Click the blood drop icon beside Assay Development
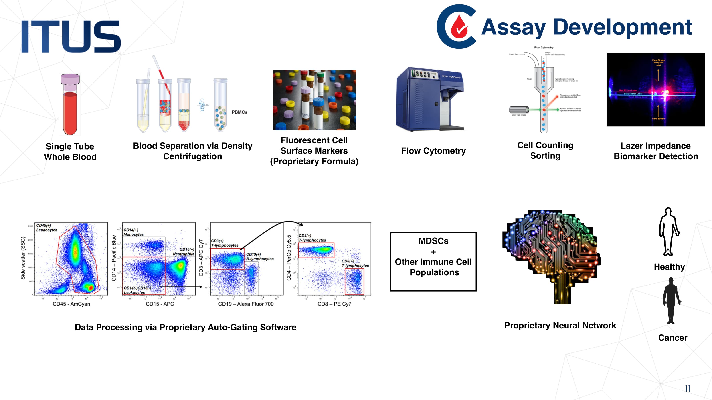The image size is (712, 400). click(x=459, y=27)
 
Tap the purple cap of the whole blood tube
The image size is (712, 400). click(x=70, y=79)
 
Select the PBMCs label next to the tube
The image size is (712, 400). click(x=239, y=112)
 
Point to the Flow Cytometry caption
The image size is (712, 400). click(x=433, y=151)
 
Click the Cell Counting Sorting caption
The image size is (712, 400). click(x=545, y=150)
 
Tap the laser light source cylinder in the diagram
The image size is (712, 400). click(x=518, y=110)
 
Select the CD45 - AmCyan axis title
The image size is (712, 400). click(x=71, y=304)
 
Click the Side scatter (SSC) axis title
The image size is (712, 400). click(x=23, y=258)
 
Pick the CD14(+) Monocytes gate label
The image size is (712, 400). click(x=133, y=232)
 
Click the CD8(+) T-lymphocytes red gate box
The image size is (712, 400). click(x=354, y=281)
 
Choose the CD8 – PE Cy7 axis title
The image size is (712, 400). click(x=334, y=304)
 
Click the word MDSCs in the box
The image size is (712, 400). click(x=433, y=241)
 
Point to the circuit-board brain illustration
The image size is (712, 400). click(x=551, y=254)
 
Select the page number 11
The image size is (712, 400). click(x=688, y=388)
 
